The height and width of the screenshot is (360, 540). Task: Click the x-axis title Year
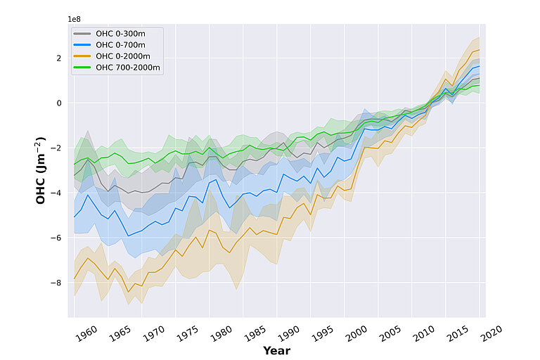tap(276, 350)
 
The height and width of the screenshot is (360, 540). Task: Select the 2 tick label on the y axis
tap(59, 58)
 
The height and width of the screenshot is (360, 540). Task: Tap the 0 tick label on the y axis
tap(59, 103)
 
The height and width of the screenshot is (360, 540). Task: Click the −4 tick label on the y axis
tap(57, 193)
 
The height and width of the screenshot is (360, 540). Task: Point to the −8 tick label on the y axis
tap(57, 283)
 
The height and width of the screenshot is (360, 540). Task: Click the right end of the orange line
tap(480, 50)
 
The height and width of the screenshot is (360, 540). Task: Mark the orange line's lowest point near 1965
tap(128, 291)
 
